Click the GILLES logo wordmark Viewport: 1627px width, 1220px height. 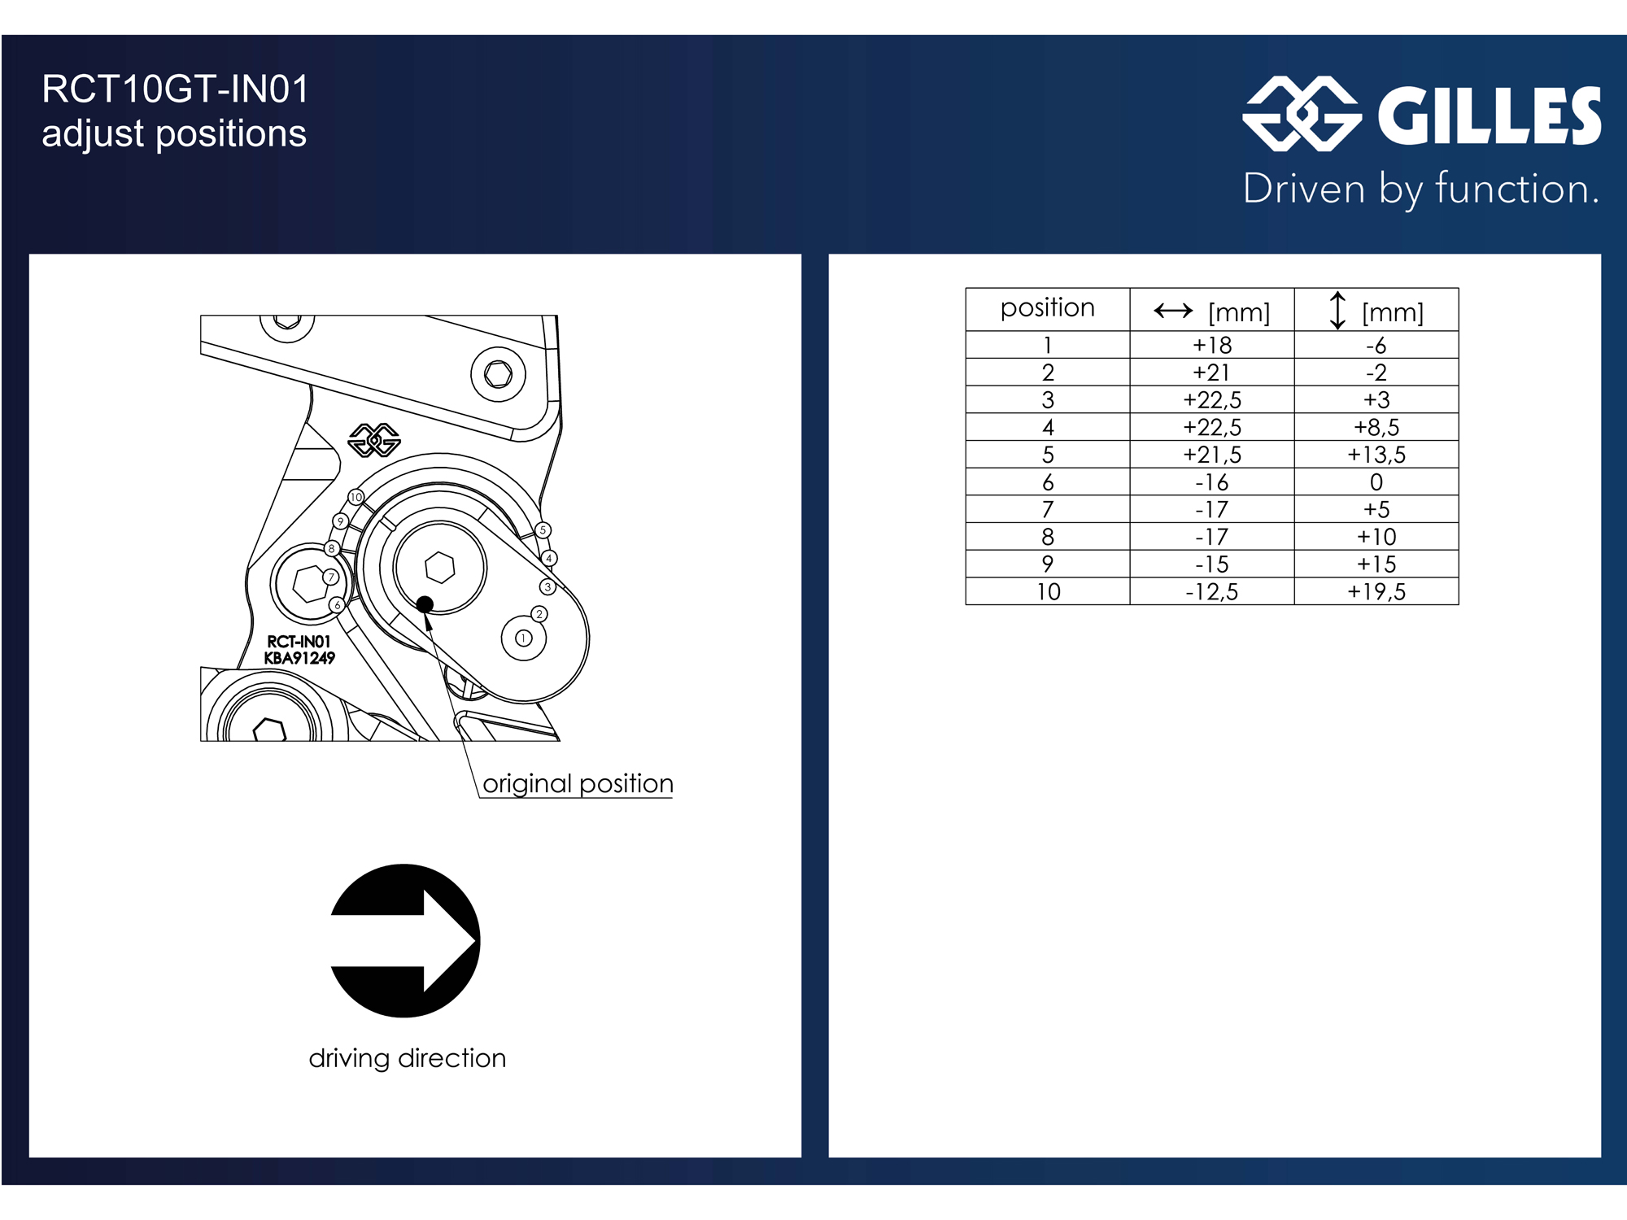point(1490,115)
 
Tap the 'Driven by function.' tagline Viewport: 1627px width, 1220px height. point(1421,190)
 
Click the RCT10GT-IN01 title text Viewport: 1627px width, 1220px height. point(175,89)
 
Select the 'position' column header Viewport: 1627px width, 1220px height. point(1048,307)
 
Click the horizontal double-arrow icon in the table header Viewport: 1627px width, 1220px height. point(1173,310)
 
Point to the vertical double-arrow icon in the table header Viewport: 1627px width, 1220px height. point(1337,310)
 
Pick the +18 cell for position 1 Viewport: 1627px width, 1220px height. point(1212,345)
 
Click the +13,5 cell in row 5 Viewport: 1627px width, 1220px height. point(1376,455)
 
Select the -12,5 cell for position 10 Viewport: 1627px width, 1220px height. point(1212,591)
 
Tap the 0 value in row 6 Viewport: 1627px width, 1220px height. point(1376,482)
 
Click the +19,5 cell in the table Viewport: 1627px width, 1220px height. point(1376,591)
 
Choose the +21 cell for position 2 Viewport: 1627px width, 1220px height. point(1212,373)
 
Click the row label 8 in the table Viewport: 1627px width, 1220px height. point(1048,537)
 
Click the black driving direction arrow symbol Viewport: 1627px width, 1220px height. point(405,941)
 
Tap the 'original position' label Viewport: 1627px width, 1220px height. point(578,783)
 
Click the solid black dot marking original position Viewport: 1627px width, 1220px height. point(425,604)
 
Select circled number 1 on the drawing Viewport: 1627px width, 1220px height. point(524,638)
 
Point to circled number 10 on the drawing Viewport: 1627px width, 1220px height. point(356,497)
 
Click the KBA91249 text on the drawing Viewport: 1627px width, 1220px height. point(299,658)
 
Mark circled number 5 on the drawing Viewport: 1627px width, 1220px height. point(543,530)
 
